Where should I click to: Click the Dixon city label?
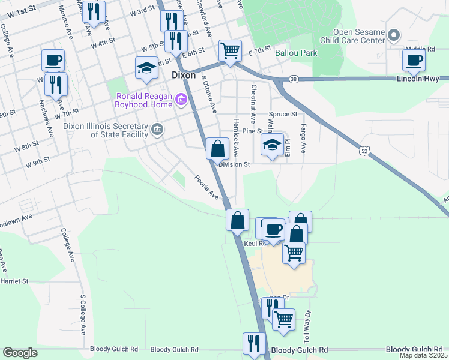coord(184,76)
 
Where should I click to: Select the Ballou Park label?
coord(296,53)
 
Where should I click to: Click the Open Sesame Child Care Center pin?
coord(394,35)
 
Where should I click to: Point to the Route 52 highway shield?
coord(364,151)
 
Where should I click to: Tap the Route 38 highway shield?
coord(293,79)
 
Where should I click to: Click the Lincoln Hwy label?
coord(423,79)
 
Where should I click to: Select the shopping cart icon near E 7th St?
coord(230,50)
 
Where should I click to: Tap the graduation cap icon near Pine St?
coord(272,144)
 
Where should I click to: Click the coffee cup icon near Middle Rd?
coord(414,61)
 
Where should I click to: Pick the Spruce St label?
coord(283,114)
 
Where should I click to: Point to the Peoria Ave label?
coord(205,187)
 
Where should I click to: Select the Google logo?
coord(20,353)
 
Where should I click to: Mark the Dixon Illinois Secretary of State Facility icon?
coord(157,129)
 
